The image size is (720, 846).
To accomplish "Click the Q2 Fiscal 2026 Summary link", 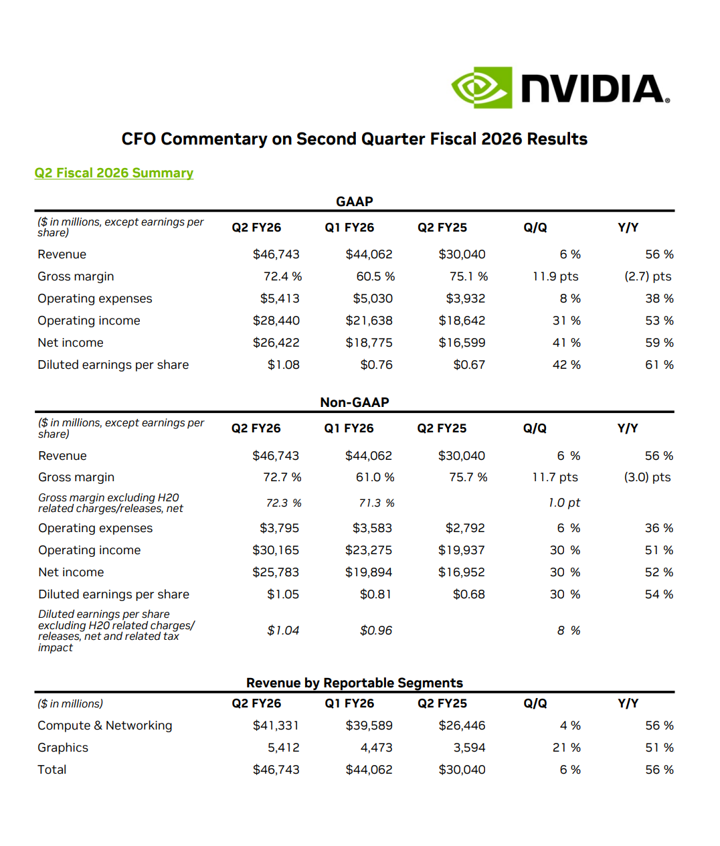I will point(114,173).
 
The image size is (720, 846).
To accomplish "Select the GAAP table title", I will point(354,201).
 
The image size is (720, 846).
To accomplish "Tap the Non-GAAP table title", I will point(354,402).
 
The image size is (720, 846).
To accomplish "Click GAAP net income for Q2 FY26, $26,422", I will point(276,343).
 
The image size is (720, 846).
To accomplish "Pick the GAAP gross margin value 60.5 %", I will point(375,276).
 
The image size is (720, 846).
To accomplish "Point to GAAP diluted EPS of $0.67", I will point(468,365).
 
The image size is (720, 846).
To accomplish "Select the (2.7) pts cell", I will point(647,276).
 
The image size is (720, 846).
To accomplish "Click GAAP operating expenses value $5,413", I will point(280,299).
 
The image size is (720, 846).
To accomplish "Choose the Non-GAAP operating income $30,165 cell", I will point(275,550).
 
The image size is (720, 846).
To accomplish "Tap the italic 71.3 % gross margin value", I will point(376,503).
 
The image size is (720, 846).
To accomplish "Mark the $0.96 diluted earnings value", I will point(375,630).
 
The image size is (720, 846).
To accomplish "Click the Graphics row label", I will point(63,748).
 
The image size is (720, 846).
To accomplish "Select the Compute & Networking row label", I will point(104,726).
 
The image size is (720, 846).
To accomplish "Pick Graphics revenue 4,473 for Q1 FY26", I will point(376,748).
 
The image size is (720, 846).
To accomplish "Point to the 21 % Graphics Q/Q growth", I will point(566,748).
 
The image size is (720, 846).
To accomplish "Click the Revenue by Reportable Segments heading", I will point(354,683).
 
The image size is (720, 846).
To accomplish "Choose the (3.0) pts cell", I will point(646,477).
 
